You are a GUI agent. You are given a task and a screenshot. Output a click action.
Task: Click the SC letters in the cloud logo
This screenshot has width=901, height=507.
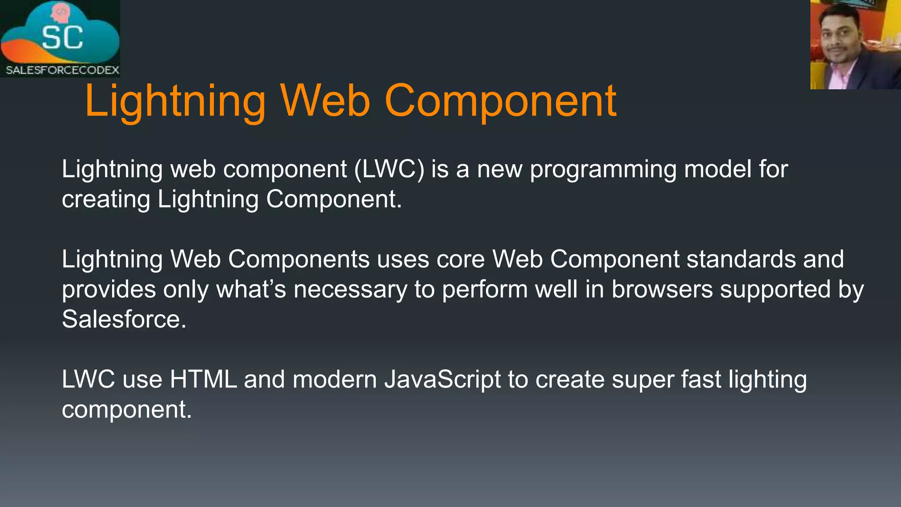point(62,38)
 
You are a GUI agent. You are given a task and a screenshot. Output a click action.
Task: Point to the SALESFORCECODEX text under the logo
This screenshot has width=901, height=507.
point(62,70)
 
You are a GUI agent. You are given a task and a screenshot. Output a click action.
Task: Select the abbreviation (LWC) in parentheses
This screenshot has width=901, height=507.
point(389,169)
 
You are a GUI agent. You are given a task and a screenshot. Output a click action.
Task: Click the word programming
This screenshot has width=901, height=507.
point(603,170)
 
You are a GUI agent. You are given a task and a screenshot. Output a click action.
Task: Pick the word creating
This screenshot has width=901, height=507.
point(106,199)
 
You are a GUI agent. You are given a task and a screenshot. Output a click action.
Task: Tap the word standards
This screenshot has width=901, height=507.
point(741,259)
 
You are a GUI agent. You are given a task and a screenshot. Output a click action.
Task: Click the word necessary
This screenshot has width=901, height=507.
point(350,290)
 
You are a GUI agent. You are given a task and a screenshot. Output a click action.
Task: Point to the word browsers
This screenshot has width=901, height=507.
point(662,289)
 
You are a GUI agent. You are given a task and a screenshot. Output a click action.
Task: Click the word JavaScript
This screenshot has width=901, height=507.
point(443,380)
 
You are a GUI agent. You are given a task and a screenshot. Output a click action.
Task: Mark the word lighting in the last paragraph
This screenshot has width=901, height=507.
point(767,380)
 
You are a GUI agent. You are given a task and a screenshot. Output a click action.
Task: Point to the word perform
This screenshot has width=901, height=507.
point(485,290)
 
